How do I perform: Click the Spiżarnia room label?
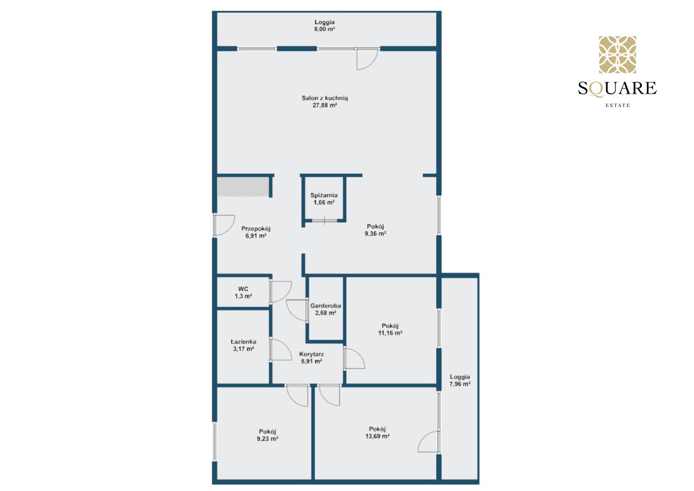[324, 195]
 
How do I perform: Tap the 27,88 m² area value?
[324, 105]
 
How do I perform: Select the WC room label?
[243, 289]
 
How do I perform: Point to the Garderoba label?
[326, 306]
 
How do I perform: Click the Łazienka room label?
[243, 342]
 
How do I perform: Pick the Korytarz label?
[311, 354]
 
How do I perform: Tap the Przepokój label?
[256, 229]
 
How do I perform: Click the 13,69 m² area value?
[377, 436]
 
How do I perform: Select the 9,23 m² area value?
[267, 438]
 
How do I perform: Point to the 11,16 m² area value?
[390, 333]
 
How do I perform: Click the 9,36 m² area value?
[375, 234]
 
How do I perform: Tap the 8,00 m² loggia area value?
[324, 29]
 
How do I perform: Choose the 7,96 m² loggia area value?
[460, 384]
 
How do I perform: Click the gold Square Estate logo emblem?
[618, 54]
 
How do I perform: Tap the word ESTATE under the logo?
[618, 105]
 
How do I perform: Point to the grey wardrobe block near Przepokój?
[242, 186]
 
